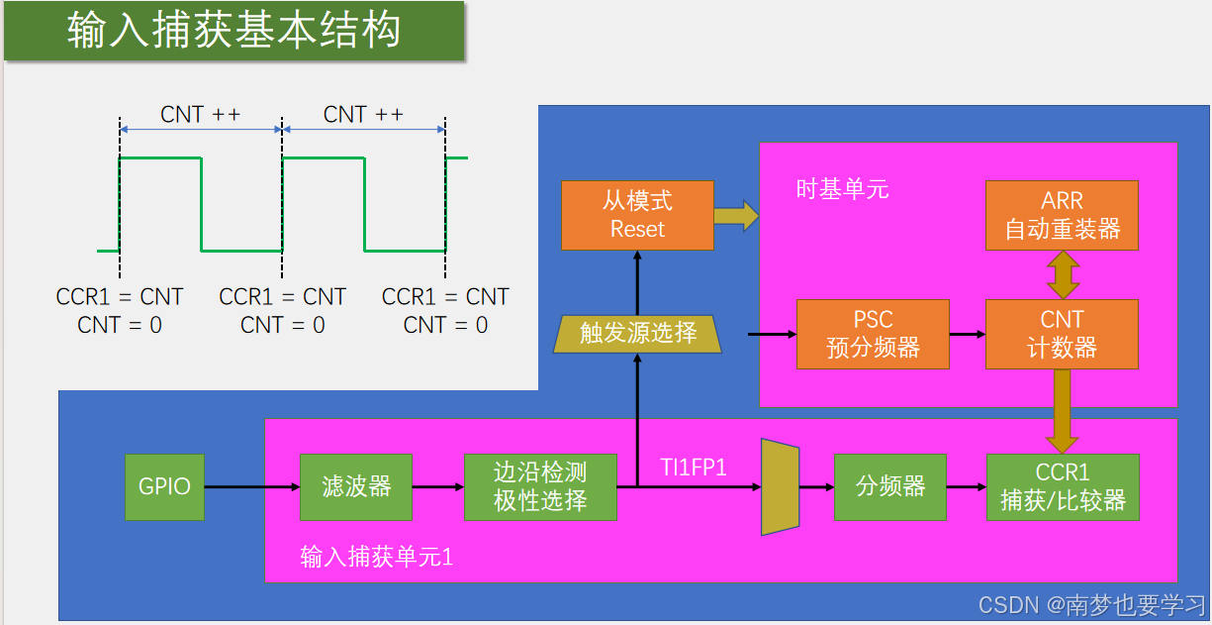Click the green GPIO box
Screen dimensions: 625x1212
coord(164,486)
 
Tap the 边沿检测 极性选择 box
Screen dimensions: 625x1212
coord(540,486)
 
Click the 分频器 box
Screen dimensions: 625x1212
coord(890,486)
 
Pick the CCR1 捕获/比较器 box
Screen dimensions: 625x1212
coord(1063,486)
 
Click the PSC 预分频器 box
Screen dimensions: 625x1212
coord(873,334)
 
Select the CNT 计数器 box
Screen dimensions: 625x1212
coord(1062,334)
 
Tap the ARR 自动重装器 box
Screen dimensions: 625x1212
coord(1062,215)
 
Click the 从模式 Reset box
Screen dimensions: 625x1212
coord(637,215)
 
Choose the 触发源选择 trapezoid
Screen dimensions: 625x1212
coord(638,334)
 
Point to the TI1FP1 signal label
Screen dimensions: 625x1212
coord(694,468)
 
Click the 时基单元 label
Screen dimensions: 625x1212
coord(842,189)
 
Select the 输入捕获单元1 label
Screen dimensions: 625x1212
coord(376,557)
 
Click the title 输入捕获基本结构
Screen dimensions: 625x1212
coord(234,31)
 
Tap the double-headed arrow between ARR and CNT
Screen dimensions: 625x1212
coord(1063,274)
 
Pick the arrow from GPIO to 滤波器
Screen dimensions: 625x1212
coord(251,486)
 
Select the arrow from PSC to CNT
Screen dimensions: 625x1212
coord(967,334)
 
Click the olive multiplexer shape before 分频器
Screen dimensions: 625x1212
coord(780,487)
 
